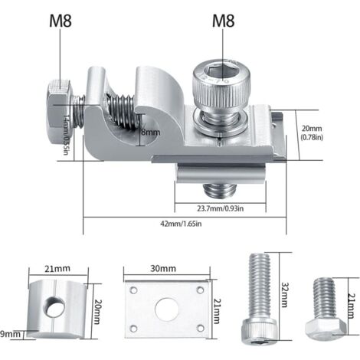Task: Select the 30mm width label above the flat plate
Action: click(164, 270)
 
